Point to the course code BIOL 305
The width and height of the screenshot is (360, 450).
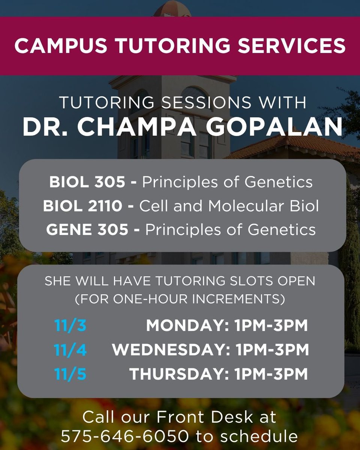[x=87, y=182]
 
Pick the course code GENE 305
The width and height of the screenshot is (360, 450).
[x=87, y=229]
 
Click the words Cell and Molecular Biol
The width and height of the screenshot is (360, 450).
[x=229, y=206]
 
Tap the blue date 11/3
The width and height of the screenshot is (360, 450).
[x=70, y=326]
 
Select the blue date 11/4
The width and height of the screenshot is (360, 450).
[x=70, y=350]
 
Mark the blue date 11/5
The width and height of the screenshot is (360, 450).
[x=70, y=374]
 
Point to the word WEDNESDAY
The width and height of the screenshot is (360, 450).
[x=171, y=350]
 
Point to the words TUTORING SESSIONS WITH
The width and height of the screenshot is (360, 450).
[x=183, y=103]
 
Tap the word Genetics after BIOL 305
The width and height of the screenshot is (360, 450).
[x=279, y=182]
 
